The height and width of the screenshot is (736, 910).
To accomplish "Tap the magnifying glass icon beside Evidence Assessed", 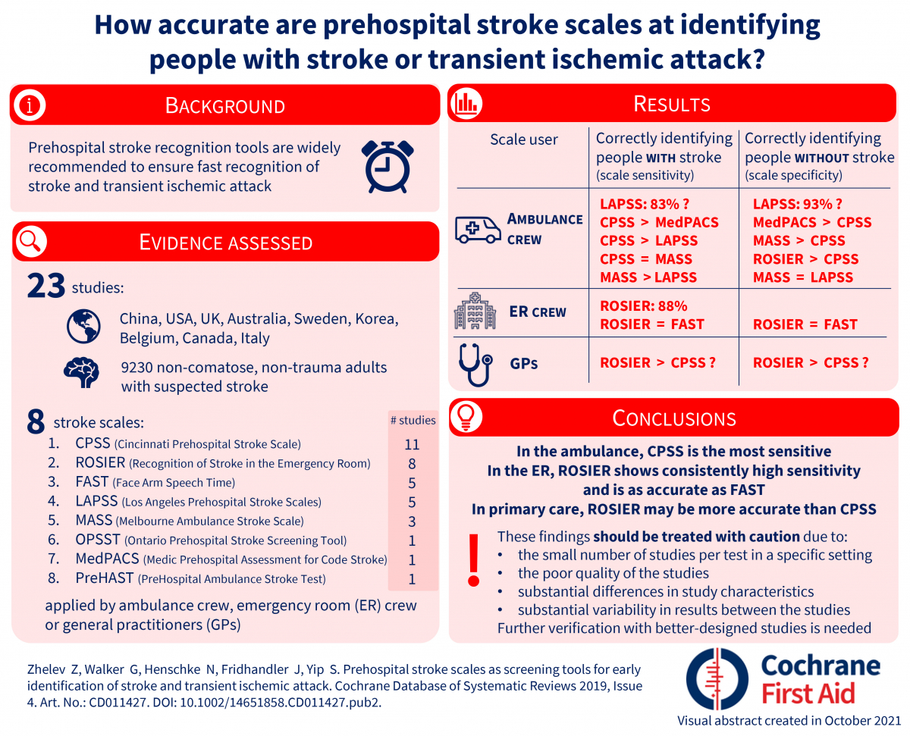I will point(30,242).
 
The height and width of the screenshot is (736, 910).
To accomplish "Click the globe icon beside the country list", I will point(83,327).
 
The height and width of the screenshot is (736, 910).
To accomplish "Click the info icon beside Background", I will point(30,105).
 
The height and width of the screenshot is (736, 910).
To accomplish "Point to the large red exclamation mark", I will point(474,559).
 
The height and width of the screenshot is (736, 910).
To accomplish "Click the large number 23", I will point(45,287).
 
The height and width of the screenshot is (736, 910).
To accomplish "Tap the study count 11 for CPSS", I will point(412,444).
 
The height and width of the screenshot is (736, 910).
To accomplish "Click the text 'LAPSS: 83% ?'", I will point(645,204).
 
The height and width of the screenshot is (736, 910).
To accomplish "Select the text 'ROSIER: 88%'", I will point(643,306).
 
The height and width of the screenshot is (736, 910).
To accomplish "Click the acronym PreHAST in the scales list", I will point(105,578).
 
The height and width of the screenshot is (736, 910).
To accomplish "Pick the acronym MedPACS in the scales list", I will point(108,559).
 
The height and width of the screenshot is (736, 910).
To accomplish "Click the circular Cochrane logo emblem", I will point(717,678).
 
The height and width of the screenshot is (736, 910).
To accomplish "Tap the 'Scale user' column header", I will point(524,139).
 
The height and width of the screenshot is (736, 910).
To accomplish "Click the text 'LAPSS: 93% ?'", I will point(797,204).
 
